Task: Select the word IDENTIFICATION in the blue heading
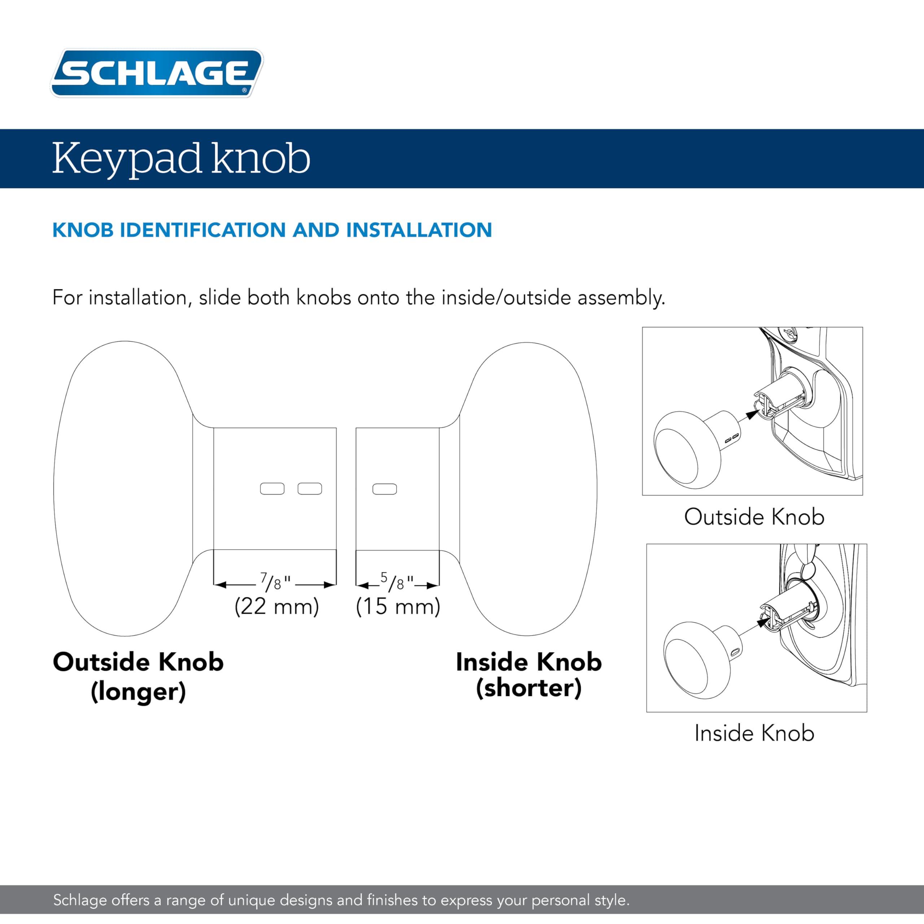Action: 204,230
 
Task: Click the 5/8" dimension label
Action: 397,582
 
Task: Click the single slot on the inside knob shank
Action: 384,489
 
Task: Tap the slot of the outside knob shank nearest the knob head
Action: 272,489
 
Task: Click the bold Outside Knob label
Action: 138,662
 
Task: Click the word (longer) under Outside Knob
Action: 138,692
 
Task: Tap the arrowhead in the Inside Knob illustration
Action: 762,622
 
